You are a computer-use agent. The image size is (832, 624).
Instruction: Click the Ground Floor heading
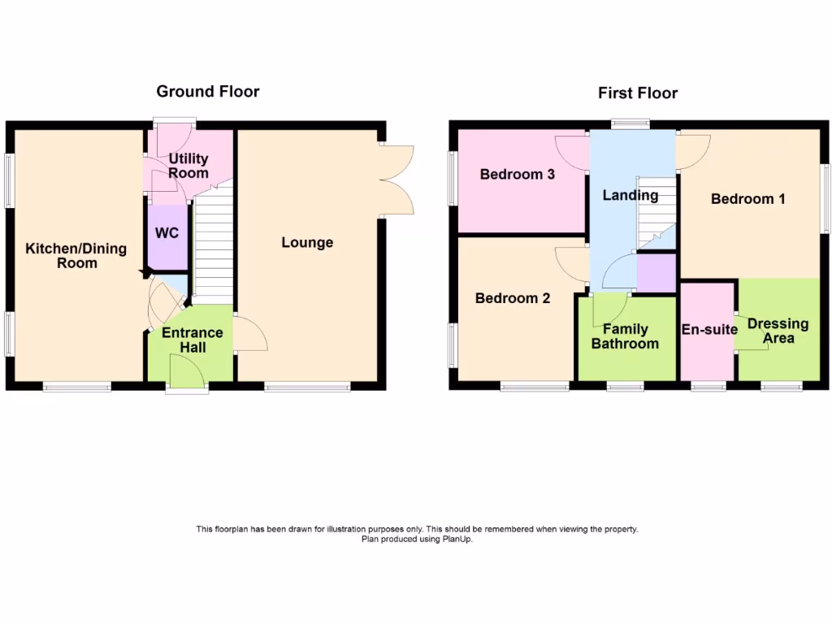(x=208, y=91)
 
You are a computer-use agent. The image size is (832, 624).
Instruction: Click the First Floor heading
(x=638, y=93)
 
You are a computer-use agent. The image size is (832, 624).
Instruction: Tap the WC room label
(x=167, y=233)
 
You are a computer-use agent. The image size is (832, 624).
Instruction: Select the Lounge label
(x=307, y=242)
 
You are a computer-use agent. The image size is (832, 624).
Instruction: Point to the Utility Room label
(x=188, y=166)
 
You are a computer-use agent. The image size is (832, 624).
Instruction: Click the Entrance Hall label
(x=193, y=340)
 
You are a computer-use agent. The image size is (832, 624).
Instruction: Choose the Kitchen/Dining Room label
(x=76, y=256)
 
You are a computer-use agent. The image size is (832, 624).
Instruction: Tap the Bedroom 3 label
(x=518, y=174)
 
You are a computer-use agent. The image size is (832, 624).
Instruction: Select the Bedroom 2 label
(x=513, y=298)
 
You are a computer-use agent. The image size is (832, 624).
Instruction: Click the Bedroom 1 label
(x=747, y=198)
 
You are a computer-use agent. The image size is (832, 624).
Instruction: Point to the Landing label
(x=630, y=195)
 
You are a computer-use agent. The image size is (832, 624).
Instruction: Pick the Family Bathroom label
(x=625, y=336)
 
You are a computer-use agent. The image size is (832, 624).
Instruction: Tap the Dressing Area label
(x=778, y=330)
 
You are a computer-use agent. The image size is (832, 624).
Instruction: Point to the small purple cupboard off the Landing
(x=656, y=274)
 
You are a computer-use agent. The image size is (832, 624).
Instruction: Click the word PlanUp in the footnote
(x=456, y=539)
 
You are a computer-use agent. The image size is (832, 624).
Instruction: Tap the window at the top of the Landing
(x=630, y=124)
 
